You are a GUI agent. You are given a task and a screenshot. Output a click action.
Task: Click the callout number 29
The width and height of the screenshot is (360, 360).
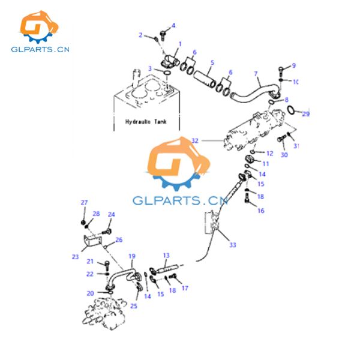(x=305, y=115)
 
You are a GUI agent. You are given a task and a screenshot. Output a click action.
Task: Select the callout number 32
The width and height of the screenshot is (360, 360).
(x=195, y=140)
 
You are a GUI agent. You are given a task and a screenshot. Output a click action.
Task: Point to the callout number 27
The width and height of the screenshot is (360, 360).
(x=84, y=202)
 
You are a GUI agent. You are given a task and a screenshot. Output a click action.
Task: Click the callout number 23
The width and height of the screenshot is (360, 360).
(x=75, y=257)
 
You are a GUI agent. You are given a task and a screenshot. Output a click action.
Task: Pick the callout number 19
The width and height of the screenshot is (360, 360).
(x=132, y=256)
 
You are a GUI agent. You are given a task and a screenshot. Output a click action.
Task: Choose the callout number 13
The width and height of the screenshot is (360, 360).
(x=166, y=255)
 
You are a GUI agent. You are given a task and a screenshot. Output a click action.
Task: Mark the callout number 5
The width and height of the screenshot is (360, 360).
(x=211, y=62)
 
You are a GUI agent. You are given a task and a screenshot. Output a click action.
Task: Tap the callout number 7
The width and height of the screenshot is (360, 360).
(x=256, y=74)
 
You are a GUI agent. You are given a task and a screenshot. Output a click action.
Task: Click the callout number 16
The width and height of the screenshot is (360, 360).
(x=260, y=211)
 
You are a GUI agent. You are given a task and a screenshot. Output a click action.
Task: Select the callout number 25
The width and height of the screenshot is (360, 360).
(x=133, y=306)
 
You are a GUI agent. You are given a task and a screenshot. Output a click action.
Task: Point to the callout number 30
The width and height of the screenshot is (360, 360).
(x=284, y=155)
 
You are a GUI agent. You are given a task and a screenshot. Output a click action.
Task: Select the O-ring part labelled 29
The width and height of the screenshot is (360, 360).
(x=291, y=110)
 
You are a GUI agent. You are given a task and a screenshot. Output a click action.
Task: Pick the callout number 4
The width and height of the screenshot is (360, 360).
(x=174, y=25)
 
